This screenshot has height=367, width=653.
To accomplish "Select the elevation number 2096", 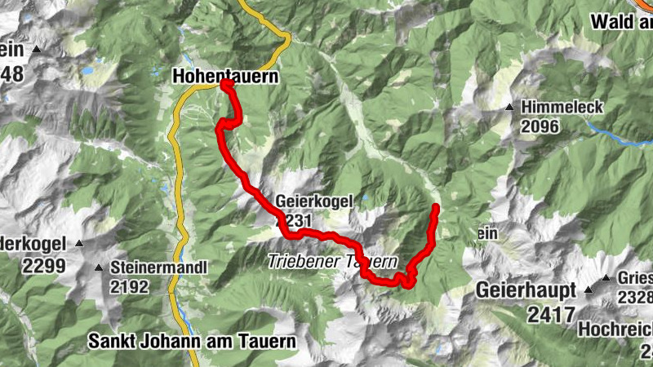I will point(541,126).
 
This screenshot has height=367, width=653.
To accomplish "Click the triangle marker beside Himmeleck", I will point(510,108).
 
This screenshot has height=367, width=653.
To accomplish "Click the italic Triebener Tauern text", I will point(332,263).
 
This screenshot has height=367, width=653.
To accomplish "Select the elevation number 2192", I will point(131,286).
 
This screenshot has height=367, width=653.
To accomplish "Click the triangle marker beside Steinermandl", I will point(99,268).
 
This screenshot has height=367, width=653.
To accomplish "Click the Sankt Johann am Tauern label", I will point(193,341).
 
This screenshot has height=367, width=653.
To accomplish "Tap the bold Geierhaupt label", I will point(527,290).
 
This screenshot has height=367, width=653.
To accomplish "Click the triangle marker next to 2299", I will point(80,244).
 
